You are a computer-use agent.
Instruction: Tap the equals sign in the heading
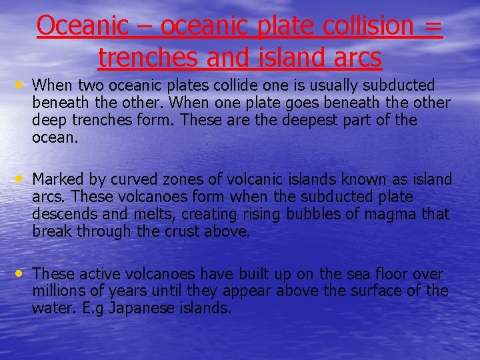coord(433,27)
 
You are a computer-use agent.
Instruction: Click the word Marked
coord(57,179)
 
